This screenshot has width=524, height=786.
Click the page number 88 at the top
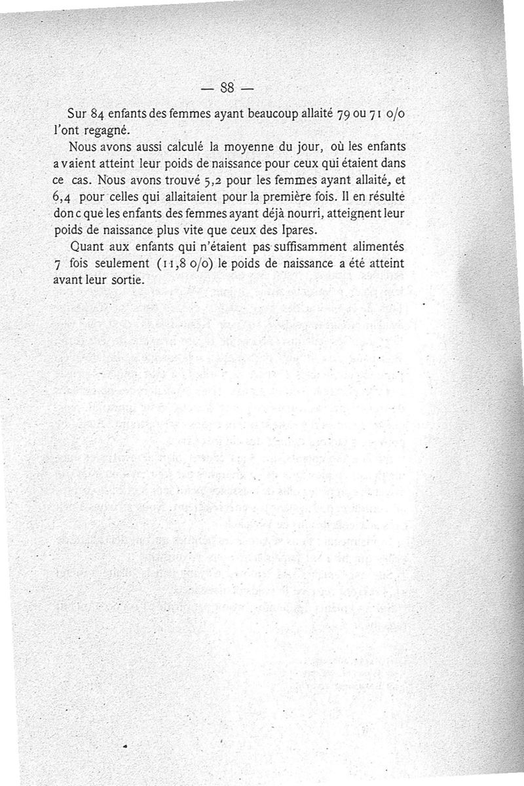pyautogui.click(x=228, y=87)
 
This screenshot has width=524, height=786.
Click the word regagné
pyautogui.click(x=108, y=128)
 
